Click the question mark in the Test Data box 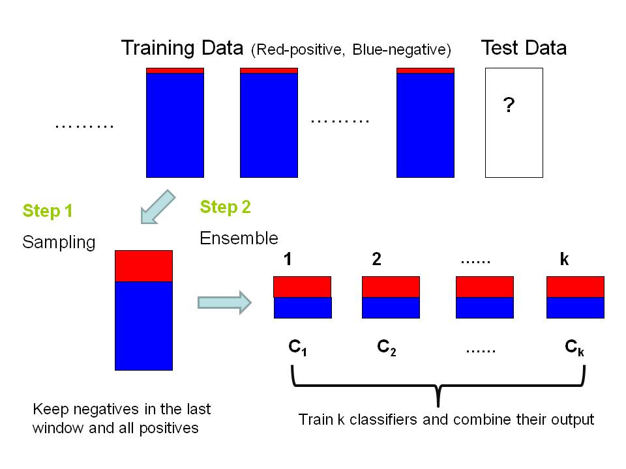tap(509, 106)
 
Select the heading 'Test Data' tap(524, 48)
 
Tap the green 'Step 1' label tap(48, 211)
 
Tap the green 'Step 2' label tap(225, 207)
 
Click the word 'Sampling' tap(59, 242)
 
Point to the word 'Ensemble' tap(239, 238)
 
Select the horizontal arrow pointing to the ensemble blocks tap(224, 302)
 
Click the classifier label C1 tap(297, 348)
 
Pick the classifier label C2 tap(387, 348)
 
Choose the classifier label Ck tap(574, 348)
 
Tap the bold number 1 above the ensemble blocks tap(288, 259)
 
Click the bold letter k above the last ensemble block tap(564, 259)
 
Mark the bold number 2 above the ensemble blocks tap(376, 259)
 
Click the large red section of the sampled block tap(143, 266)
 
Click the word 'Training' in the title tap(158, 48)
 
